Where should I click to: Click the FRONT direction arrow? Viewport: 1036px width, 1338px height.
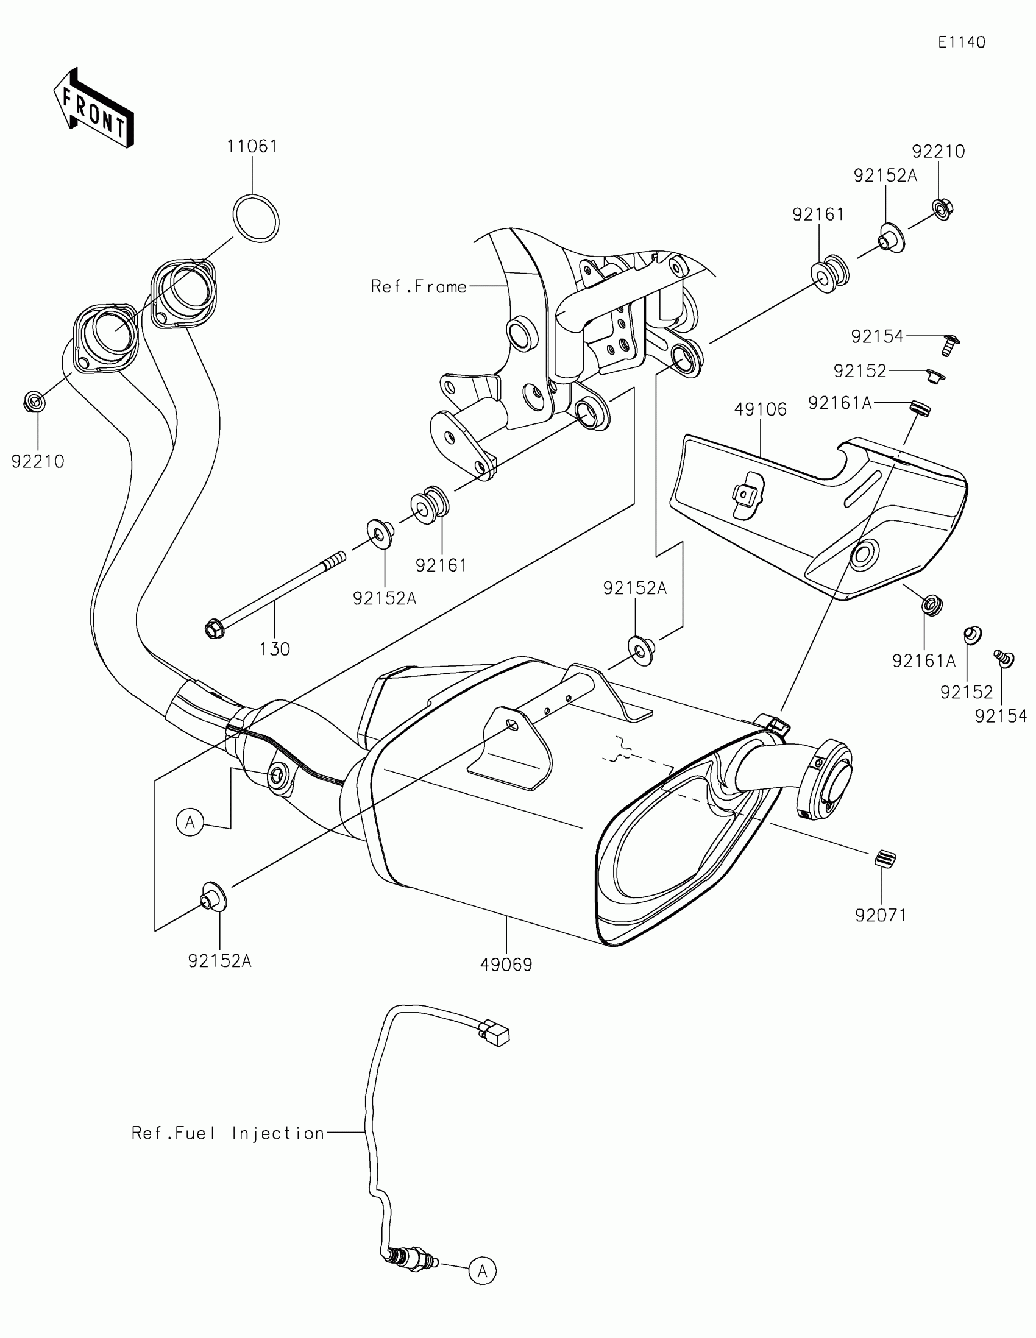point(94,108)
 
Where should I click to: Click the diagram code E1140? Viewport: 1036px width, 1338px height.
point(961,42)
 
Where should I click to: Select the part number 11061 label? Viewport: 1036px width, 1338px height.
point(252,147)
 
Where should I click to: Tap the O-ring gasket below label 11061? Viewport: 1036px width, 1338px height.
point(256,218)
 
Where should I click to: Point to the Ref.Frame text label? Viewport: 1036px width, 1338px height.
point(419,287)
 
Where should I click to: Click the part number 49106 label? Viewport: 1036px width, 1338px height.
point(760,409)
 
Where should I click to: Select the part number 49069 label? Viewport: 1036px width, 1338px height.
point(506,965)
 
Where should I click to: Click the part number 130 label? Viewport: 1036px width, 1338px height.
point(274,649)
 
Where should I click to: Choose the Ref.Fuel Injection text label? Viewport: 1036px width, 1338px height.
point(228,1133)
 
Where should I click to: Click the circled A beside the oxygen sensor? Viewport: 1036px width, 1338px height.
point(482,1271)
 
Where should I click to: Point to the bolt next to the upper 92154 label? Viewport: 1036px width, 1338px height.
point(949,344)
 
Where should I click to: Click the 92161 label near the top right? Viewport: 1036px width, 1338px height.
point(818,215)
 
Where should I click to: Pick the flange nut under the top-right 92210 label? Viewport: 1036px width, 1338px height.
point(942,210)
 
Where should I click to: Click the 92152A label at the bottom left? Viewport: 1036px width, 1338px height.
point(219,961)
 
